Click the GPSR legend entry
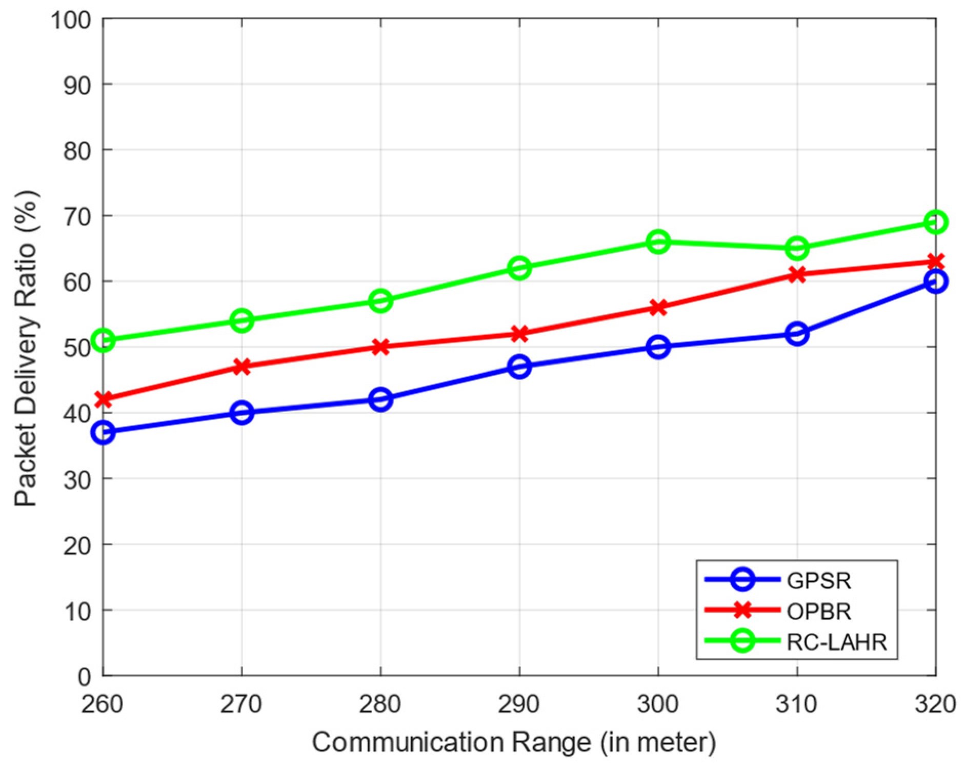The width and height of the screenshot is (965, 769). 818,581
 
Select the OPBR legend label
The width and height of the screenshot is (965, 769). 818,611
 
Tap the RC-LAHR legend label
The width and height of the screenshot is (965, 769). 836,642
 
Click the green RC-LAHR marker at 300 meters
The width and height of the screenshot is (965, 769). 658,241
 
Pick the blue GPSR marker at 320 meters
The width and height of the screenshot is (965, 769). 935,281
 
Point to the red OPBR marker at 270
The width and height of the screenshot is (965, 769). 242,367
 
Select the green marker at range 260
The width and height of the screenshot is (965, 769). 103,340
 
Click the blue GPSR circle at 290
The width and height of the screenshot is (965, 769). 519,367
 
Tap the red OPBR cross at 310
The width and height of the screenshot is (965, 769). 797,275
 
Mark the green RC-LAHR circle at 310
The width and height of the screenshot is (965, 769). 797,248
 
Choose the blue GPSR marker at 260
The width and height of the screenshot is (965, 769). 103,432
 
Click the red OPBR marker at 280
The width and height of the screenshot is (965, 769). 380,347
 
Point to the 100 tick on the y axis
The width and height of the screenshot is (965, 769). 70,21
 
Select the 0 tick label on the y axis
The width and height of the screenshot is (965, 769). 84,677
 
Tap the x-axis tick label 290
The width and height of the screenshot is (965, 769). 518,704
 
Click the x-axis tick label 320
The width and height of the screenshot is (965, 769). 934,704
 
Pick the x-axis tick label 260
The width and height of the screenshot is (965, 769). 103,704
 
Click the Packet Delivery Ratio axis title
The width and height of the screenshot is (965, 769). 26,349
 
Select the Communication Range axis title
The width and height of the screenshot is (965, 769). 513,742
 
